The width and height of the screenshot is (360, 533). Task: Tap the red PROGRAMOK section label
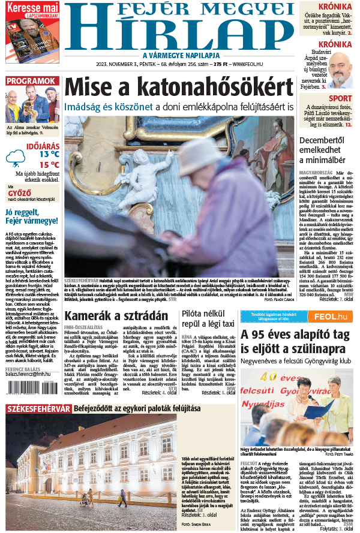pyautogui.click(x=32, y=81)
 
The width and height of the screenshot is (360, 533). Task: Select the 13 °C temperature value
pyautogui.click(x=49, y=153)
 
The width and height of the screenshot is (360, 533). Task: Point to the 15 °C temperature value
pyautogui.click(x=49, y=164)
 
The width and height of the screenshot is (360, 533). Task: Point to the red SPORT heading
pyautogui.click(x=340, y=98)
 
